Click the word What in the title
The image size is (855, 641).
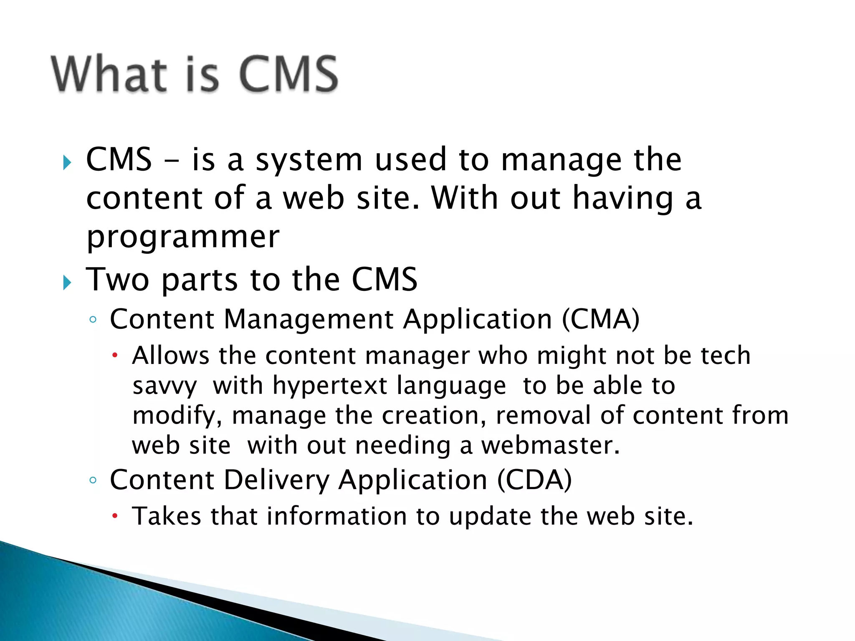pyautogui.click(x=109, y=74)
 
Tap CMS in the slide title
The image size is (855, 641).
pyautogui.click(x=288, y=74)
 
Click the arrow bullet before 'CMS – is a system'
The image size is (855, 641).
pyautogui.click(x=67, y=162)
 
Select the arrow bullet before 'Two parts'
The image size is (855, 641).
pyautogui.click(x=67, y=283)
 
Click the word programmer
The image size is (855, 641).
pyautogui.click(x=183, y=237)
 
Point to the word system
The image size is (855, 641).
pyautogui.click(x=309, y=160)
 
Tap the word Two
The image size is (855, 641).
pyautogui.click(x=117, y=280)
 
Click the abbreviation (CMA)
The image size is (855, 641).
pyautogui.click(x=600, y=320)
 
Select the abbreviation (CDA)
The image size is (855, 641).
pyautogui.click(x=534, y=480)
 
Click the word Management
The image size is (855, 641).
pyautogui.click(x=309, y=320)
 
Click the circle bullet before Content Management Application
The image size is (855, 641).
pyautogui.click(x=93, y=320)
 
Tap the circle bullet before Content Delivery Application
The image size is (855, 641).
pyautogui.click(x=93, y=480)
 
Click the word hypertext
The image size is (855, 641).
pyautogui.click(x=330, y=386)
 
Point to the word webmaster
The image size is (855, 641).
pyautogui.click(x=550, y=446)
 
